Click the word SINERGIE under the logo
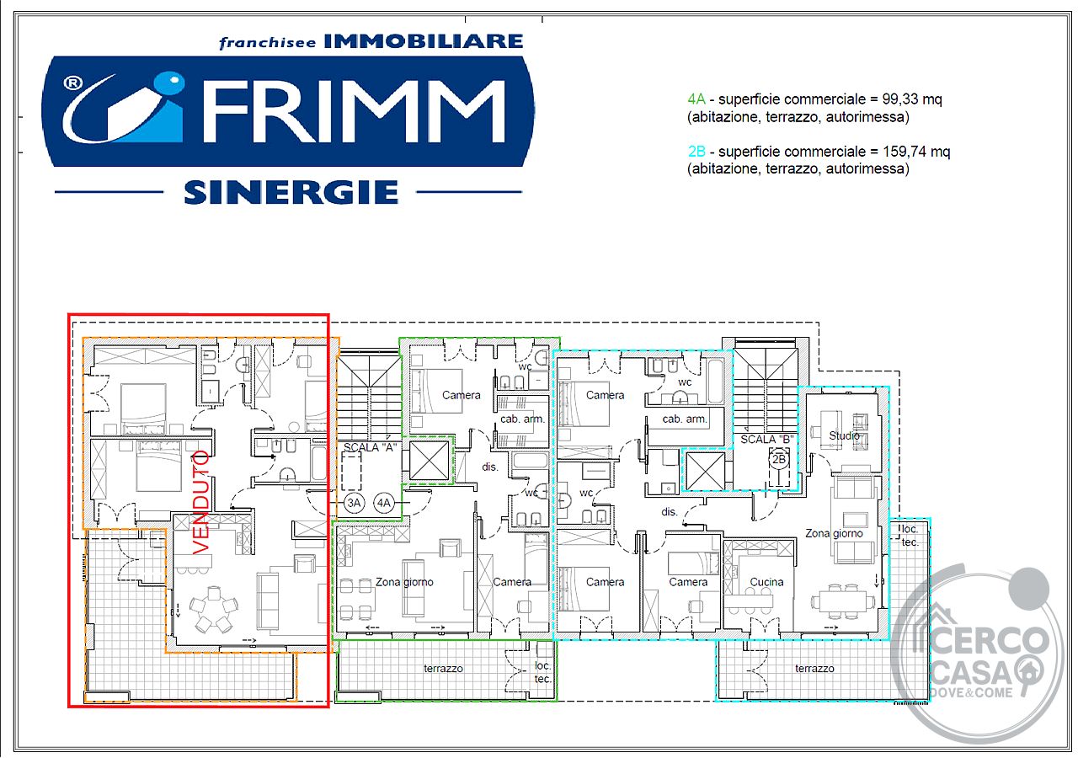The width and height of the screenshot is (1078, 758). tap(291, 193)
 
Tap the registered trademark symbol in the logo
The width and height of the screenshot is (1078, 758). tap(72, 83)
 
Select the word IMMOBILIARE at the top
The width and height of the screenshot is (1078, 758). tap(424, 41)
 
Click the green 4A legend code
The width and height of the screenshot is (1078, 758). tap(696, 99)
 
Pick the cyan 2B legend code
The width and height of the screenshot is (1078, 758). tap(696, 152)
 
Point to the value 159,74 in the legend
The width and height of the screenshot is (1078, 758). tap(905, 152)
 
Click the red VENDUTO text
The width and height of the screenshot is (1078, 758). tap(201, 502)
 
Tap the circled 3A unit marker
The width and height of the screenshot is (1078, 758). tap(354, 503)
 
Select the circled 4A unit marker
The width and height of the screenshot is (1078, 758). tap(383, 503)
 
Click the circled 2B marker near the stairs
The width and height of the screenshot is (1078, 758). tap(779, 459)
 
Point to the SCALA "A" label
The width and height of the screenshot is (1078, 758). tap(370, 447)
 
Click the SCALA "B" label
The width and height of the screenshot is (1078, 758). tap(766, 439)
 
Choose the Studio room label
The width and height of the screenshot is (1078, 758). tap(844, 435)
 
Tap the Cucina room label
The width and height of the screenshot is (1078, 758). tap(766, 582)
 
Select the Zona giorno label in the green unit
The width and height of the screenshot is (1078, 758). tap(404, 582)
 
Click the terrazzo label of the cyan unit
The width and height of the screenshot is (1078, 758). tap(814, 669)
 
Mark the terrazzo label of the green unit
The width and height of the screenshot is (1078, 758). tap(443, 669)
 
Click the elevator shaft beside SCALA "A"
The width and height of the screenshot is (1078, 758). tap(429, 461)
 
